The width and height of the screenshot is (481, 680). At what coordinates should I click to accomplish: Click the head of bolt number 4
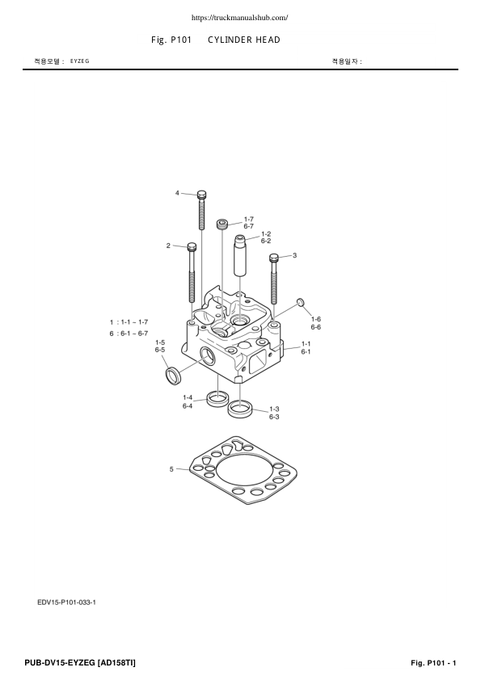click(201, 195)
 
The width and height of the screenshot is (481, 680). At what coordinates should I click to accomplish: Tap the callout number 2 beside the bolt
click(168, 246)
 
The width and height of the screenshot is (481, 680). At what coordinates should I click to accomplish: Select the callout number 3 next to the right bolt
click(294, 255)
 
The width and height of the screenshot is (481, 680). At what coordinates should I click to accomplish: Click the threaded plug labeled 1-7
click(223, 223)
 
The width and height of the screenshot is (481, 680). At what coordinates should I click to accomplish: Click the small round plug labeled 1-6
click(300, 303)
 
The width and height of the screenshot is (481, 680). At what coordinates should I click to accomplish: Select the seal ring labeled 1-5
click(172, 376)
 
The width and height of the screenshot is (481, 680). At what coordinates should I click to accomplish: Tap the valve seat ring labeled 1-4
click(217, 397)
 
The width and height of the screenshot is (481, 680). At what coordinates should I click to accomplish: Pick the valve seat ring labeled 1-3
click(239, 409)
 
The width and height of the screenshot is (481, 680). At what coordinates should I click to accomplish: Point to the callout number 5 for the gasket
click(171, 468)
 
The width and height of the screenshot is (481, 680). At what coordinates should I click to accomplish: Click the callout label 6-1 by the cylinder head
click(306, 352)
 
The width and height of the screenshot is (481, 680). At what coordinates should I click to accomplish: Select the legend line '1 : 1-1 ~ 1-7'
click(129, 321)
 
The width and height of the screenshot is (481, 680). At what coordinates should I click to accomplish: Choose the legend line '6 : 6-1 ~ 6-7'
click(129, 333)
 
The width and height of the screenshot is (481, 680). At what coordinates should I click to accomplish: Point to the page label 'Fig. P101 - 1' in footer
click(434, 663)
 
